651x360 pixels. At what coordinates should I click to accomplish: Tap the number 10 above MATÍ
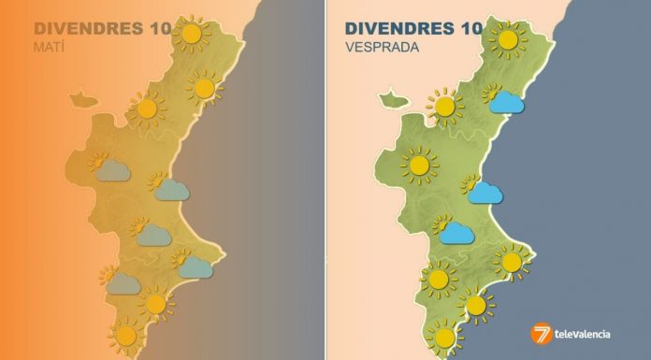[155, 27]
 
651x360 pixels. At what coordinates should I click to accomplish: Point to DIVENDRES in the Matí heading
[85, 27]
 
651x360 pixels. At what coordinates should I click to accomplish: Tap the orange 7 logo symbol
[542, 334]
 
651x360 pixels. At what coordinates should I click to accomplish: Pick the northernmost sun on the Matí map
[192, 34]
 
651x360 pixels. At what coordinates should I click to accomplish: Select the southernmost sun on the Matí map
[125, 334]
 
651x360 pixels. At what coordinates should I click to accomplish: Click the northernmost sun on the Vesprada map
[508, 39]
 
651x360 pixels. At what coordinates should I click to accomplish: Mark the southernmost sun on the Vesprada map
[444, 336]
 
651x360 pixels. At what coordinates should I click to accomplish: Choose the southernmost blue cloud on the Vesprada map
[455, 232]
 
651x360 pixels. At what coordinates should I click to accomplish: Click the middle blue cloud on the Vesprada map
[484, 193]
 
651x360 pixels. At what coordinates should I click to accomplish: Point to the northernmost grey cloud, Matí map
[111, 169]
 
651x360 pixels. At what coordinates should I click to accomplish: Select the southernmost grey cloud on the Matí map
[122, 283]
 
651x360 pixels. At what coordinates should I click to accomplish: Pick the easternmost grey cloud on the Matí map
[194, 267]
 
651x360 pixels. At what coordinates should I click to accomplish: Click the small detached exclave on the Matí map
[82, 97]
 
